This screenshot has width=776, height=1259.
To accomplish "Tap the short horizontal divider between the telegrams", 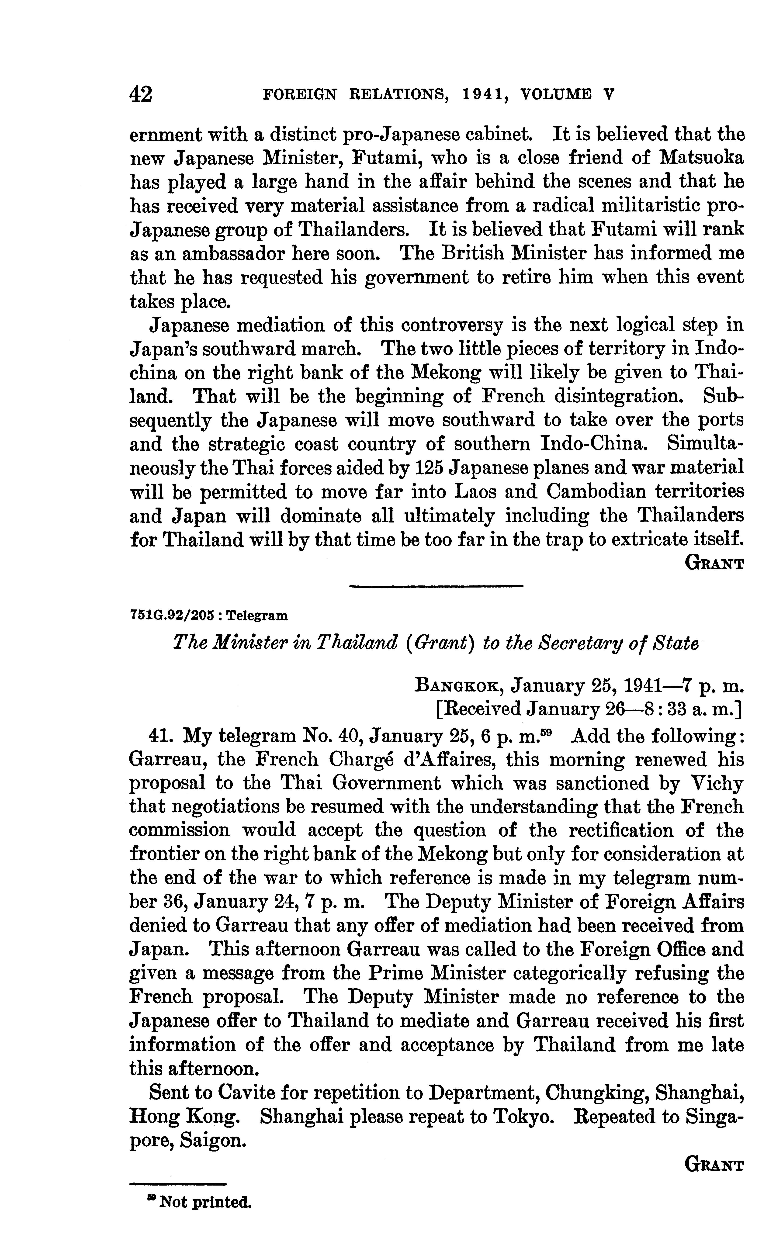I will [x=435, y=586].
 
